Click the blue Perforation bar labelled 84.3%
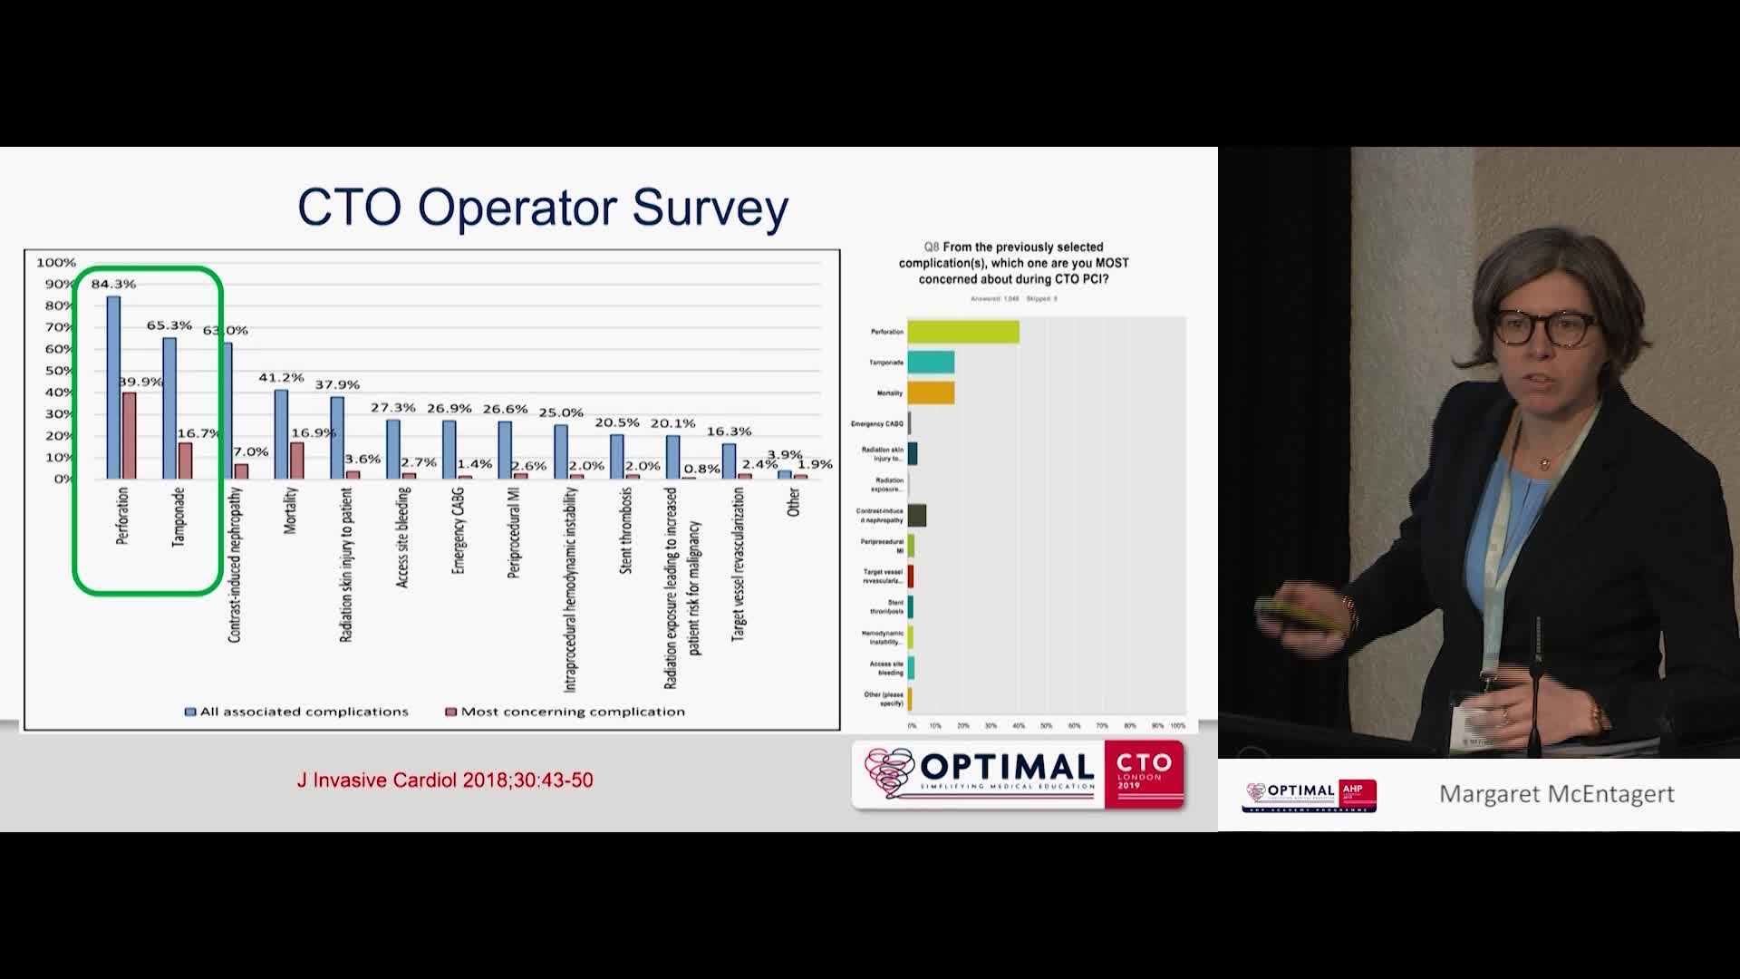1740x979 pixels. coord(113,387)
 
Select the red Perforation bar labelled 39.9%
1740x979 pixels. coord(130,435)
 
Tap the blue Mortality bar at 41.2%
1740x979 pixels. coord(281,434)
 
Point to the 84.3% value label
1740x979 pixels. coord(113,284)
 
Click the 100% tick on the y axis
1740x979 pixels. coord(56,263)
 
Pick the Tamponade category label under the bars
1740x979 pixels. coord(179,518)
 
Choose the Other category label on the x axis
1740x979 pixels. coord(794,502)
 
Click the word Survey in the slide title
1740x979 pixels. coord(710,208)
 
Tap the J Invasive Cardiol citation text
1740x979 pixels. coord(445,780)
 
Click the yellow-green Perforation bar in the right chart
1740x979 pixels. coord(963,332)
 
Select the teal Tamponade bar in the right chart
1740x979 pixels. coord(931,363)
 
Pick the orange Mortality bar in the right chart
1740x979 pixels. coord(931,393)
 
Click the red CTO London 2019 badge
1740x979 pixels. coord(1144,774)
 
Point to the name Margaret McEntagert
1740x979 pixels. coord(1556,794)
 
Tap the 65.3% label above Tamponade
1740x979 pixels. coord(169,325)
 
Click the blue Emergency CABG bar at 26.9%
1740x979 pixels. coord(449,450)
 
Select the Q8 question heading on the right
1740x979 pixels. coord(1013,263)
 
